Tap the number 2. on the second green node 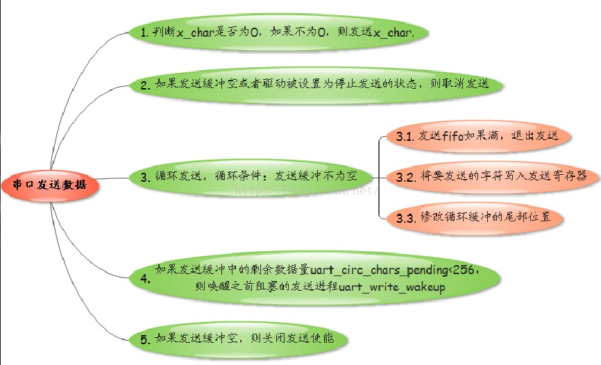tap(145, 85)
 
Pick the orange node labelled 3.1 tap(479, 136)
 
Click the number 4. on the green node tap(144, 279)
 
